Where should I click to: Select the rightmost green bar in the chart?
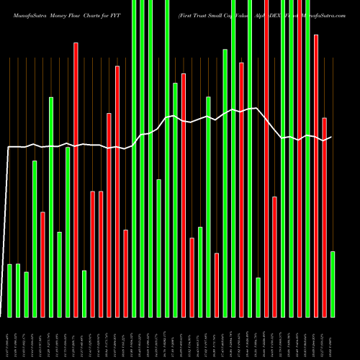[332, 284]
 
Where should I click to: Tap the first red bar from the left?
[43, 264]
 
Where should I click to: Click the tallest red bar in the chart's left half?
[76, 179]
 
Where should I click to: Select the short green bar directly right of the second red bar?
[84, 293]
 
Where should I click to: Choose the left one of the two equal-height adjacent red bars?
[93, 253]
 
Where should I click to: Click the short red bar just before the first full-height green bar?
[125, 273]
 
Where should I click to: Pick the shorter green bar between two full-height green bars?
[158, 248]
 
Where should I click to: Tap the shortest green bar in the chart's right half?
[258, 297]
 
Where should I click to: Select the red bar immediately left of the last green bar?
[324, 217]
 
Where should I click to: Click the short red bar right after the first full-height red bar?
[274, 256]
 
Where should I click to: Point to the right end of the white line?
[331, 137]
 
